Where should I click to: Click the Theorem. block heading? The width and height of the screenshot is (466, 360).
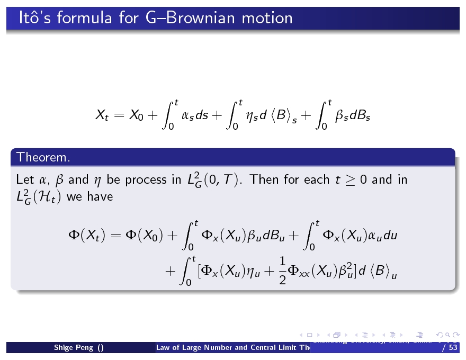click(x=43, y=157)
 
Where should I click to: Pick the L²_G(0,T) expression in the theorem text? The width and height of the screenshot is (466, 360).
click(x=212, y=181)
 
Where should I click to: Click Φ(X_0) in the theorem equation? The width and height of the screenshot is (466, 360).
click(x=145, y=236)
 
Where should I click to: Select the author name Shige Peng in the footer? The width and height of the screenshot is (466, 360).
click(x=75, y=348)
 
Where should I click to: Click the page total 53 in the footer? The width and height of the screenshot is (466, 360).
click(x=453, y=348)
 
